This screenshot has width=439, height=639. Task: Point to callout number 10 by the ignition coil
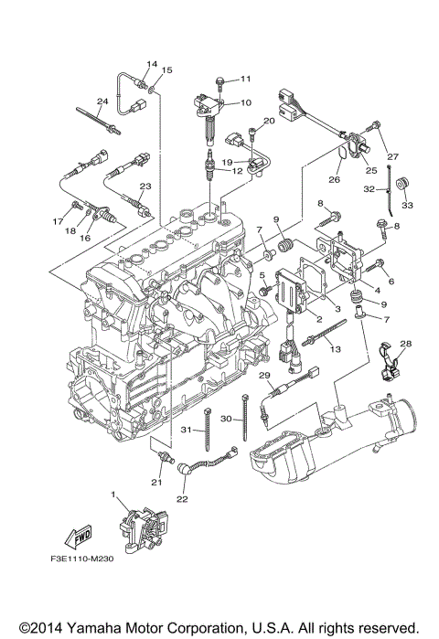click(245, 103)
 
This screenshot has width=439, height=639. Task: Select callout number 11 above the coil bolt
click(245, 79)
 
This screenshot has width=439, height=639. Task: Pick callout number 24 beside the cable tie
click(103, 101)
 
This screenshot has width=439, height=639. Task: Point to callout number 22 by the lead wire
click(182, 499)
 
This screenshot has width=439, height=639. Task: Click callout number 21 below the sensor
click(156, 482)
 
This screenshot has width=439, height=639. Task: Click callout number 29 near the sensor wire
click(264, 376)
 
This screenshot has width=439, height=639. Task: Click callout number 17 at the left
click(57, 220)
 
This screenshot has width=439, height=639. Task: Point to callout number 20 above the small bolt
click(270, 121)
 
